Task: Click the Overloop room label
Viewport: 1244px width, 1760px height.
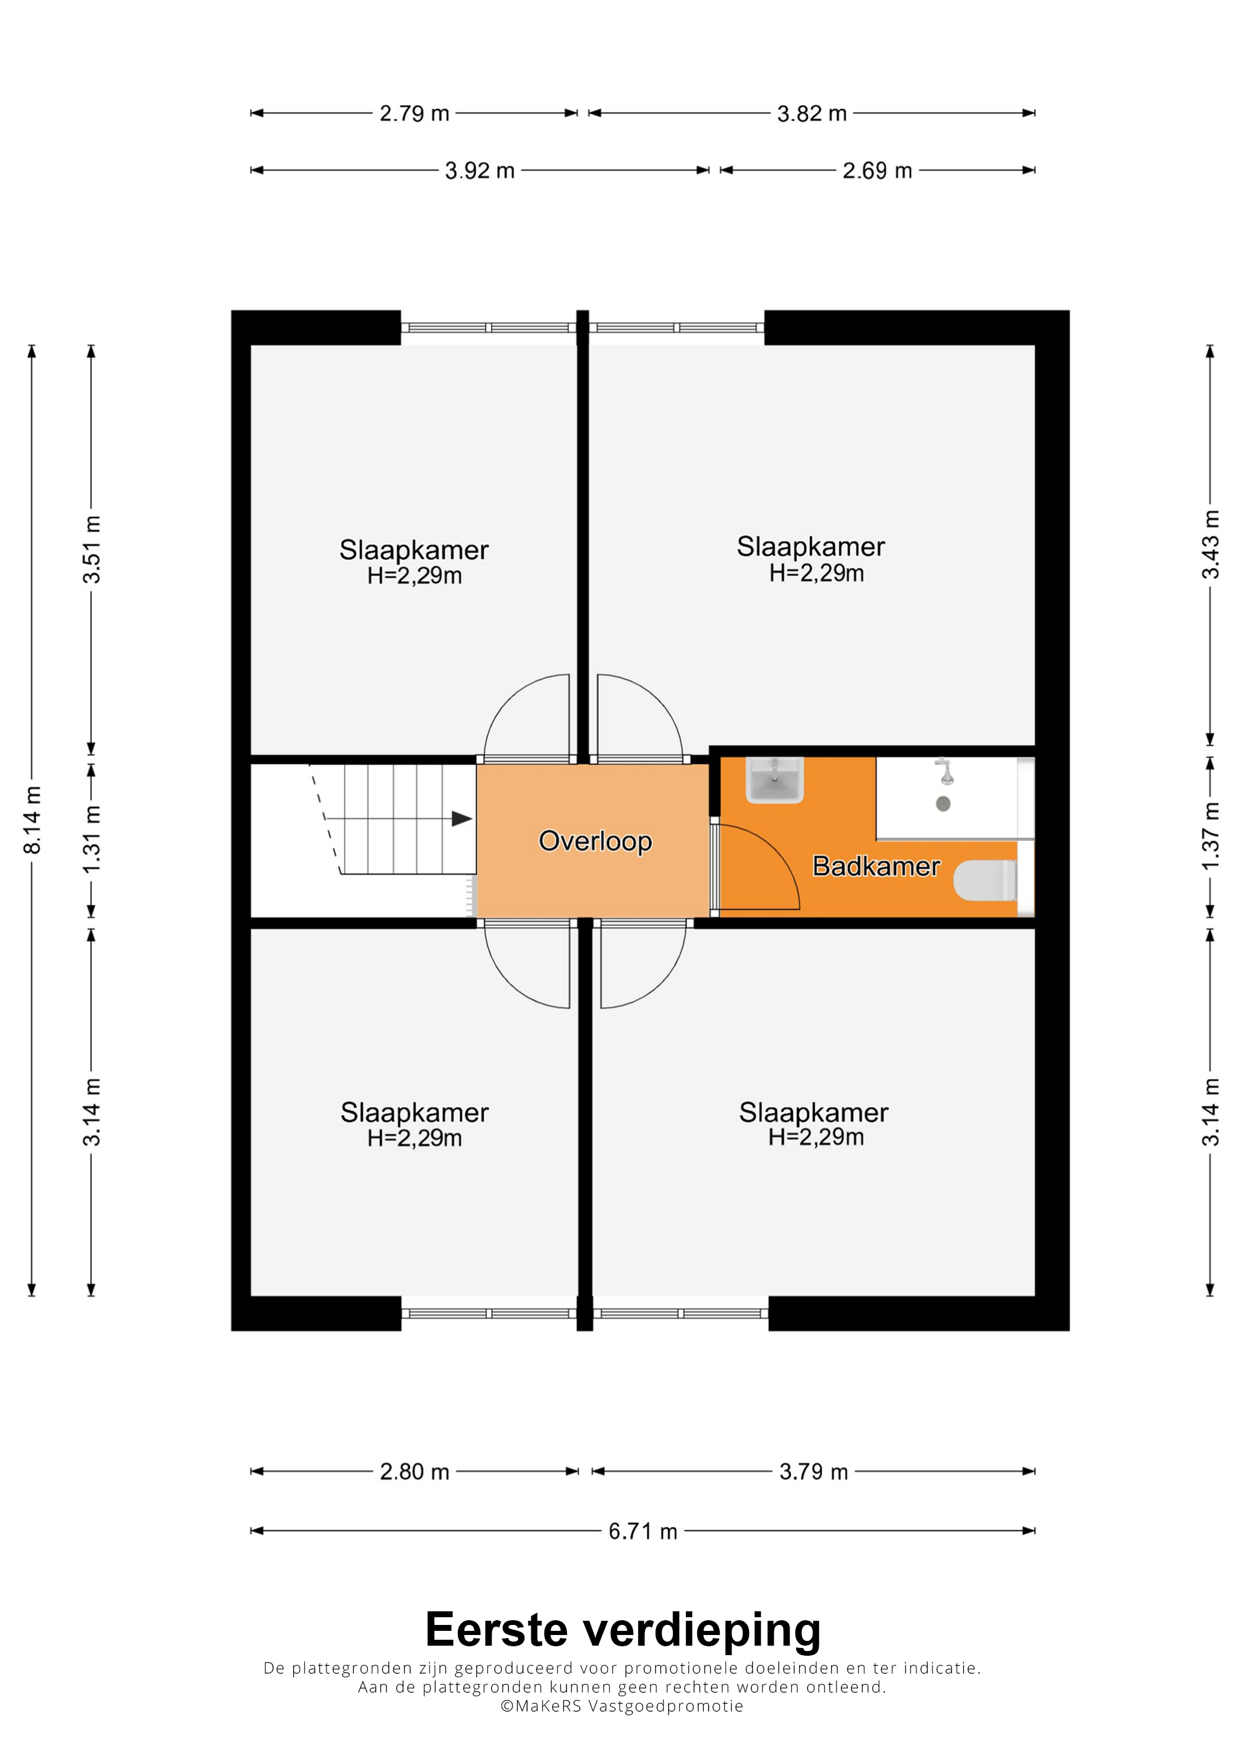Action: click(595, 842)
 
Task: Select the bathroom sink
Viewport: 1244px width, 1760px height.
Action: click(775, 780)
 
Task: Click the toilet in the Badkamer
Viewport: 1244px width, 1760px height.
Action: click(986, 881)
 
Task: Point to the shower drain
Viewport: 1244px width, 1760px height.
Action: click(944, 803)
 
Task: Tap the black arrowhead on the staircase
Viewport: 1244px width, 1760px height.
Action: click(461, 819)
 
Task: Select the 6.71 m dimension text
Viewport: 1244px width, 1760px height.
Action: click(643, 1531)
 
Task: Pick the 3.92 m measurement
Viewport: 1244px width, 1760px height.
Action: click(480, 170)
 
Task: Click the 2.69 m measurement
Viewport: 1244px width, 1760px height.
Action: click(878, 170)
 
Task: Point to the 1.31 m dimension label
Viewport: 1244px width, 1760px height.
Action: click(92, 839)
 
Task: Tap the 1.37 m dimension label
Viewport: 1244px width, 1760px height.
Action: click(1210, 836)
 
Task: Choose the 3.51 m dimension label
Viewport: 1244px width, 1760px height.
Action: click(92, 550)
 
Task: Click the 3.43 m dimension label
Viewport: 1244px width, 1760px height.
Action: click(1210, 545)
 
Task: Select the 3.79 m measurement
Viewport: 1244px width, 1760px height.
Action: click(814, 1472)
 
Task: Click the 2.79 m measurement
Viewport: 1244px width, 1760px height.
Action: click(415, 114)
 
